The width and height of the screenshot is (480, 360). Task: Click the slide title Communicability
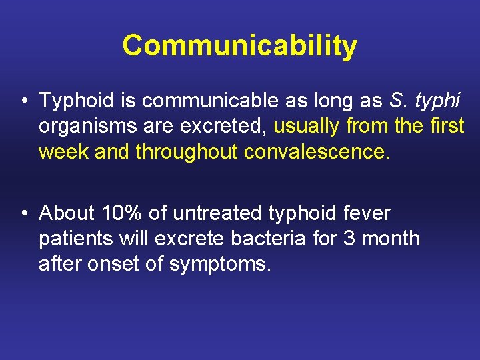click(x=240, y=46)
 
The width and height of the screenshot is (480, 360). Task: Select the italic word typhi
click(x=438, y=101)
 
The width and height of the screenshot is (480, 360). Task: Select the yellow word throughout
click(x=187, y=152)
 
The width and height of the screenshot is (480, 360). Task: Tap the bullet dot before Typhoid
click(x=23, y=102)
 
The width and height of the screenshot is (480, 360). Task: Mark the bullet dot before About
click(x=23, y=214)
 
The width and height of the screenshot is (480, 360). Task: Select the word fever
click(x=367, y=213)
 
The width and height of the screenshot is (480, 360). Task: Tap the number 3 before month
click(x=349, y=238)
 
